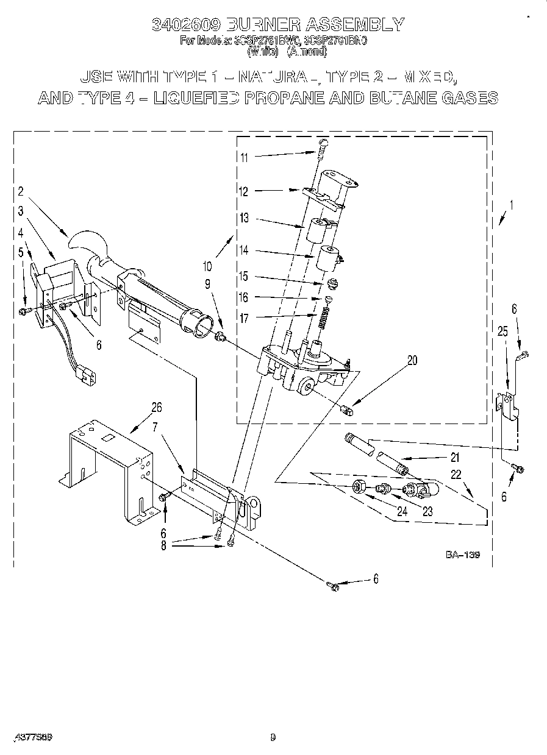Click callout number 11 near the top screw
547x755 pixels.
[x=244, y=157]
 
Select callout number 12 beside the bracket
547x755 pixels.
[x=244, y=191]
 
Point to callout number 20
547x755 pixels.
[x=412, y=360]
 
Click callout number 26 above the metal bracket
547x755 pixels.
[x=157, y=407]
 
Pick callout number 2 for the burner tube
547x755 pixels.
[x=20, y=191]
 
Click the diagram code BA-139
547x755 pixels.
[x=462, y=555]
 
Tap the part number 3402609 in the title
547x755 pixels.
[x=185, y=24]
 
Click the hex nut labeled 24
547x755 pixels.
[x=360, y=487]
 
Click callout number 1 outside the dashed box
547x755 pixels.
[x=511, y=206]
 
